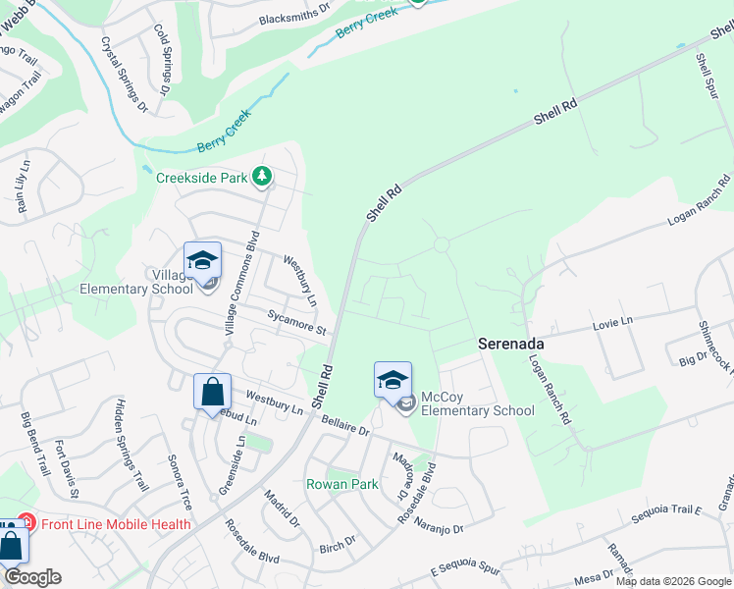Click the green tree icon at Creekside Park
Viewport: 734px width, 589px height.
pyautogui.click(x=262, y=177)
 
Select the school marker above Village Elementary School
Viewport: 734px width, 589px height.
pyautogui.click(x=202, y=262)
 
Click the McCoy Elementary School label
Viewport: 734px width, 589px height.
pyautogui.click(x=478, y=403)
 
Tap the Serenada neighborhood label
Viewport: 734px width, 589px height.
pyautogui.click(x=510, y=345)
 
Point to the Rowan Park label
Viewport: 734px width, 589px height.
pyautogui.click(x=341, y=484)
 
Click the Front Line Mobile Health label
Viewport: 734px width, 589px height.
pyautogui.click(x=116, y=524)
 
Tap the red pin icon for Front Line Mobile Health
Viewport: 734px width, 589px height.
pyautogui.click(x=27, y=524)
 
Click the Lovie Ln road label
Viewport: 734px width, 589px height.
pyautogui.click(x=613, y=322)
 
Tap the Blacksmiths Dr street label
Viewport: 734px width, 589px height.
pyautogui.click(x=296, y=13)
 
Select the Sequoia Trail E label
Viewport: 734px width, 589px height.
pyautogui.click(x=669, y=509)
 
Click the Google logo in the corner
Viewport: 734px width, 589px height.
pyautogui.click(x=32, y=577)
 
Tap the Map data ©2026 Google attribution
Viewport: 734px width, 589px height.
pyautogui.click(x=673, y=581)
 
